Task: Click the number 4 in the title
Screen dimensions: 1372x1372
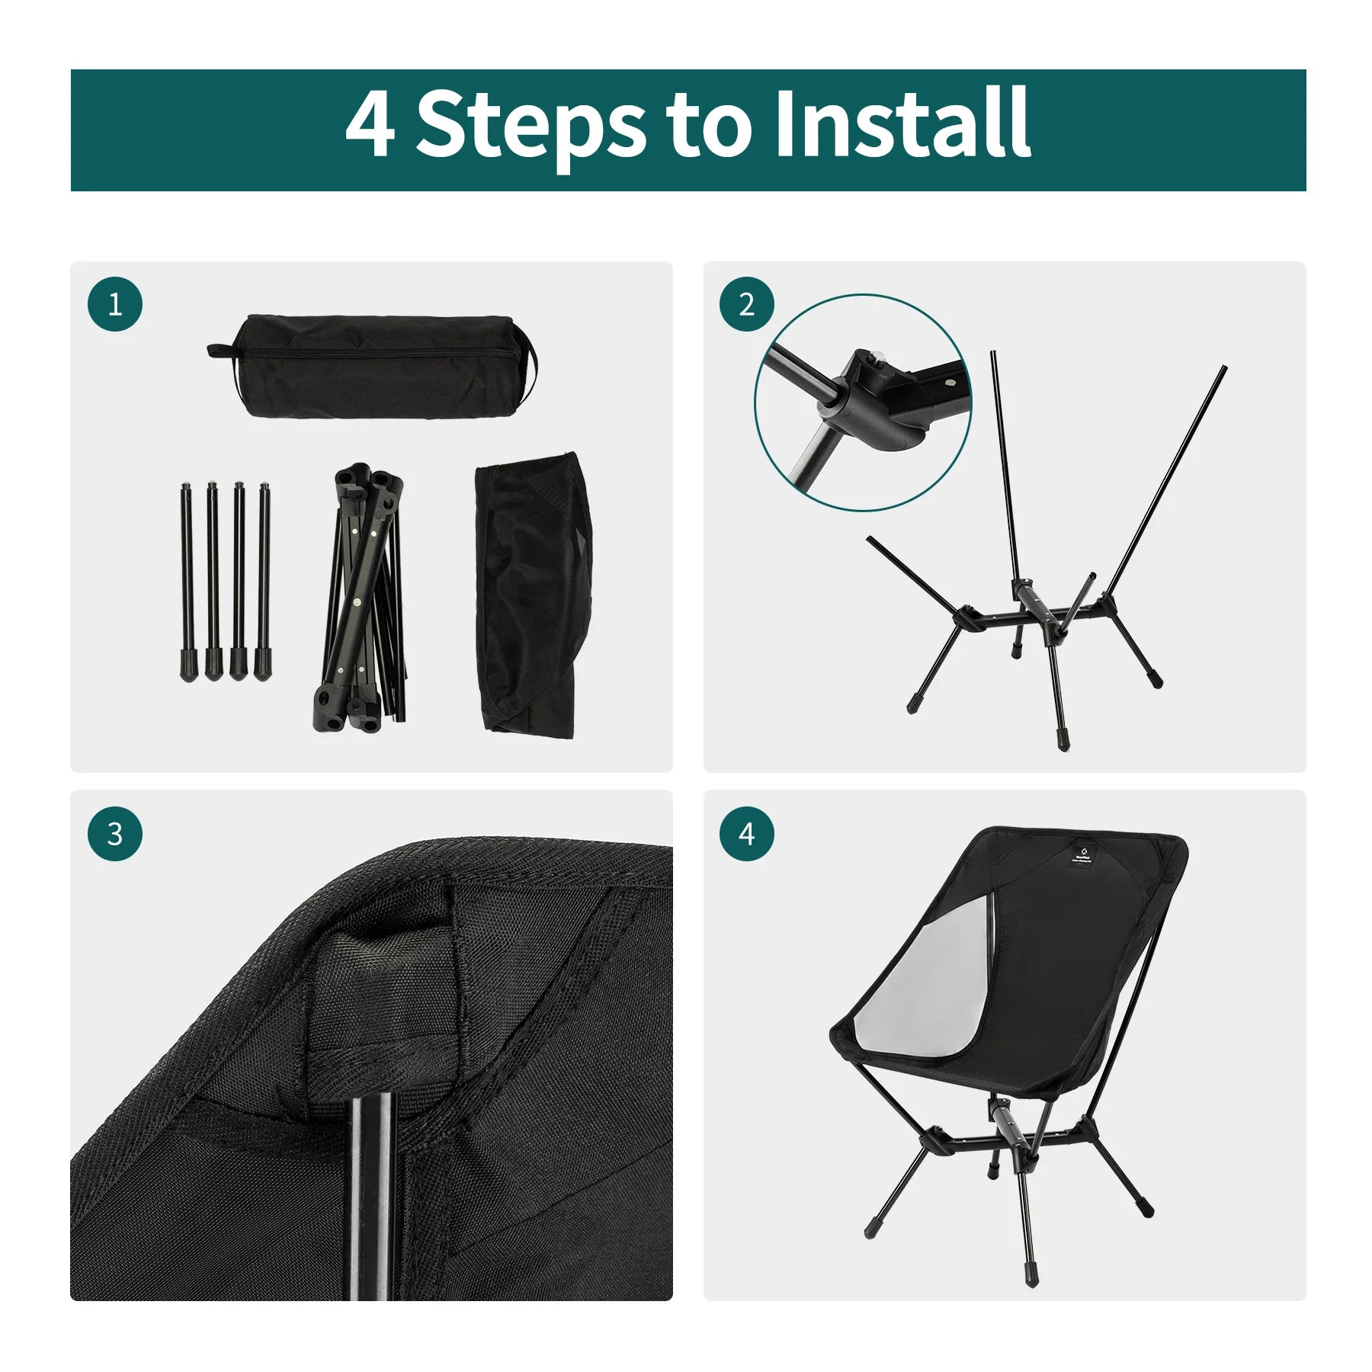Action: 370,124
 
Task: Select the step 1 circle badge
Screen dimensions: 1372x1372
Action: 115,304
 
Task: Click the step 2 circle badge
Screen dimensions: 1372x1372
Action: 747,304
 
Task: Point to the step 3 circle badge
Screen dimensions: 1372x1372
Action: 115,834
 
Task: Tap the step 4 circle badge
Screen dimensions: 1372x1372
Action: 747,834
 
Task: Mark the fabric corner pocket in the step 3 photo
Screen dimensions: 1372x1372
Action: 381,991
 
